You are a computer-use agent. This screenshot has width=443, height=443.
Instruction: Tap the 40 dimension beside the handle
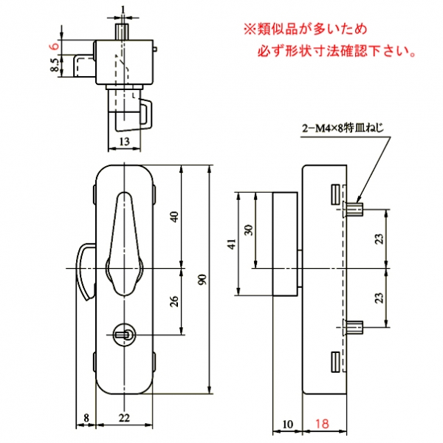click(174, 216)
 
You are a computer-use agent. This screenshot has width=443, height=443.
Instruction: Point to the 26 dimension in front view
click(174, 302)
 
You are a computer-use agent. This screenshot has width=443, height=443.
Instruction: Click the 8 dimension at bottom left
click(86, 419)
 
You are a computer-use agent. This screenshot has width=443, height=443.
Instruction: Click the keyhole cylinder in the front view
click(126, 335)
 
